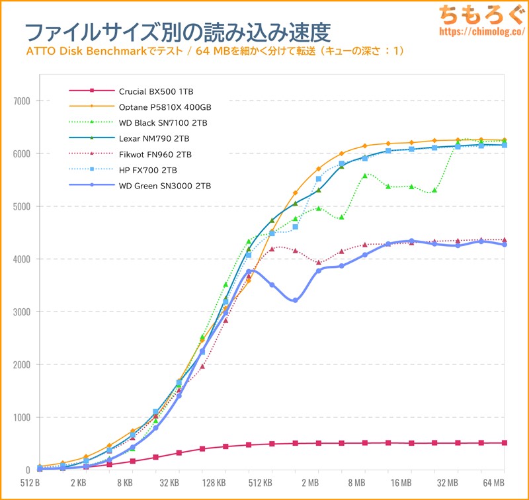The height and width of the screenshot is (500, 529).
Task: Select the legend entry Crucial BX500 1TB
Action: click(156, 91)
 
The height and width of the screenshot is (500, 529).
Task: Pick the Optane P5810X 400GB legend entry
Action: click(165, 106)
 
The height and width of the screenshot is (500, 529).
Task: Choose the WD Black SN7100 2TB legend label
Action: click(166, 122)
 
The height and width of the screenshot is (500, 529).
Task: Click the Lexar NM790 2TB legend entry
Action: click(154, 138)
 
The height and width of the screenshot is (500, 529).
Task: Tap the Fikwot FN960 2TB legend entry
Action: click(155, 154)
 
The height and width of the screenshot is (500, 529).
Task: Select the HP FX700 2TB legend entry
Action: click(149, 170)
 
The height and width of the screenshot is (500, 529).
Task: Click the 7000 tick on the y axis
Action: click(22, 101)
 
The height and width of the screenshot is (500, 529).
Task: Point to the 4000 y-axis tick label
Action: click(22, 259)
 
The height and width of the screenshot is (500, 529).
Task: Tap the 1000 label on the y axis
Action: click(22, 417)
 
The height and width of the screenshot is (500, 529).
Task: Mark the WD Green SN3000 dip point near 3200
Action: click(295, 301)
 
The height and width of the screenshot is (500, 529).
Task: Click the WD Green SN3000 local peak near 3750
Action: click(249, 271)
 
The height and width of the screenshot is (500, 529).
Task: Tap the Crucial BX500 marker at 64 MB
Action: click(505, 443)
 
